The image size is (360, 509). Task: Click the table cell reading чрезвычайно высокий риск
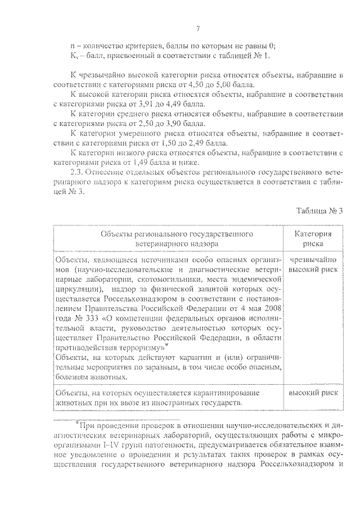tap(313, 264)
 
